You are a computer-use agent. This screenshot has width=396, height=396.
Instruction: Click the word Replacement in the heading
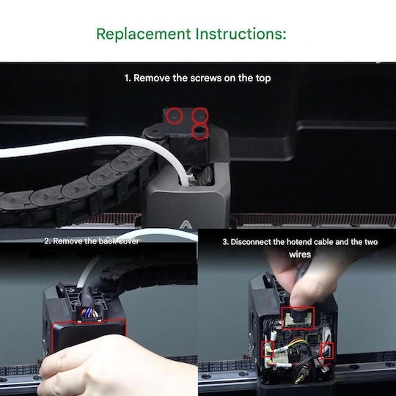click(x=144, y=34)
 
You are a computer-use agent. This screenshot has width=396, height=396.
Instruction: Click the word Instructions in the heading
click(x=241, y=33)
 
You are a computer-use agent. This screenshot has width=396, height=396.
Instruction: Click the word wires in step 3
click(x=300, y=254)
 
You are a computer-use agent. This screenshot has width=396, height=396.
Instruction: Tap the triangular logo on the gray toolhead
click(x=186, y=224)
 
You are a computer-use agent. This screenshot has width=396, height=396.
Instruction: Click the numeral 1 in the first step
click(x=127, y=78)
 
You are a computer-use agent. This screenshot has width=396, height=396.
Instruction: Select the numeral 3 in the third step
click(x=225, y=242)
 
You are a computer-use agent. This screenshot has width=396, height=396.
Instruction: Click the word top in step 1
click(x=263, y=78)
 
